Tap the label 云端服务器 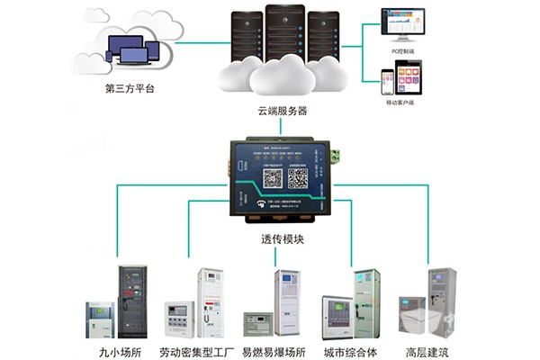[x=281, y=110]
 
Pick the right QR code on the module [x=299, y=178]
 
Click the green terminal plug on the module [x=336, y=157]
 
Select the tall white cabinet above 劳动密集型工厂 [x=211, y=302]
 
